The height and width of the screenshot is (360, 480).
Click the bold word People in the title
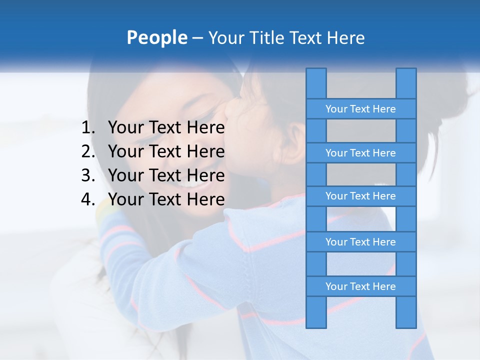point(156,37)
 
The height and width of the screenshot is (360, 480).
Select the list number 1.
point(88,128)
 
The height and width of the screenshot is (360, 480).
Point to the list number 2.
point(88,151)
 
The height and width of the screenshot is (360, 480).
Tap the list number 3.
point(88,175)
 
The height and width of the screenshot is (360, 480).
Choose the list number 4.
point(88,199)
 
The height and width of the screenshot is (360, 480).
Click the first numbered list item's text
point(166,128)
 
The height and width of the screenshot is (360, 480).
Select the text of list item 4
point(166,199)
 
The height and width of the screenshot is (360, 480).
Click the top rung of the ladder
point(360,109)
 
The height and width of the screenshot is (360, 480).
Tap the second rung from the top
point(360,153)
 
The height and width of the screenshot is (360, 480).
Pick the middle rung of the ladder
point(360,196)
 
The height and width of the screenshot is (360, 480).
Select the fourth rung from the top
point(360,242)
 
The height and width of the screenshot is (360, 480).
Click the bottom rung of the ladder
point(360,286)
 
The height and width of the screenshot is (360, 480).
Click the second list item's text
point(166,151)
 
